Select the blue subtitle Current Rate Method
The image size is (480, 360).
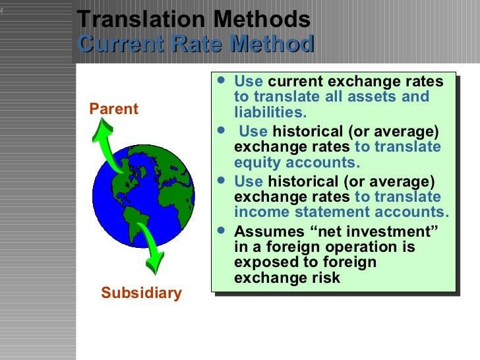tap(195, 44)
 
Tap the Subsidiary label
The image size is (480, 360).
tap(141, 293)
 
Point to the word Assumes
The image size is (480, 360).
tap(267, 231)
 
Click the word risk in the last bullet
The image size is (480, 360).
tap(326, 278)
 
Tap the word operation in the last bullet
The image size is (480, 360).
tap(349, 247)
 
